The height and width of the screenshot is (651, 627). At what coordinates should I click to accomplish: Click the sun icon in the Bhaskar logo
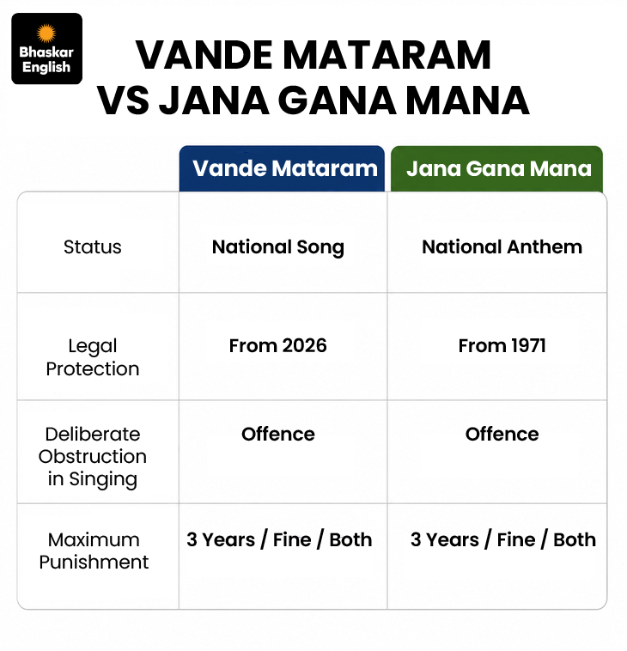(x=46, y=33)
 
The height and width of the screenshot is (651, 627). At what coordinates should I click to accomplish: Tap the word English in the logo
(x=46, y=67)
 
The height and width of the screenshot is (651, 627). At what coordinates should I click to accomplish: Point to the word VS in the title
(x=124, y=100)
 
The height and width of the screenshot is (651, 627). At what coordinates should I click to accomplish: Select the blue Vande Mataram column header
(x=282, y=168)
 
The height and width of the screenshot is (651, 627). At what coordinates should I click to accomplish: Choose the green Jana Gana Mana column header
(x=496, y=168)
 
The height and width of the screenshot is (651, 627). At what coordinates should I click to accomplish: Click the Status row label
(x=93, y=247)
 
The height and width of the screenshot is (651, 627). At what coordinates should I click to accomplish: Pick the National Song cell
(x=278, y=247)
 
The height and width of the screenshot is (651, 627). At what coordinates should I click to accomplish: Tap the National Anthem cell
(x=502, y=247)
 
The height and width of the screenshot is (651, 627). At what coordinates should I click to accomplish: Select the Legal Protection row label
(x=93, y=357)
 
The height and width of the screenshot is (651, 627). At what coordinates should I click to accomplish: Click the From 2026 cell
(x=278, y=346)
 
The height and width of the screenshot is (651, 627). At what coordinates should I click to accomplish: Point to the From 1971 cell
(x=502, y=346)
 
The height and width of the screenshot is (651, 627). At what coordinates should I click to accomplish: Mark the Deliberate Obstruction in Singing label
(x=93, y=457)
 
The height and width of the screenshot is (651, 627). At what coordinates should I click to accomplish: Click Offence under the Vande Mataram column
(x=278, y=435)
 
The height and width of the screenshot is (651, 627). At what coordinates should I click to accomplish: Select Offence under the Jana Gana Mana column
(x=502, y=435)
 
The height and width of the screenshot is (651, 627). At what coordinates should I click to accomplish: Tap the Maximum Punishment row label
(x=94, y=551)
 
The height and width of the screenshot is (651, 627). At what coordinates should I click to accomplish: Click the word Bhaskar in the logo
(x=46, y=52)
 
